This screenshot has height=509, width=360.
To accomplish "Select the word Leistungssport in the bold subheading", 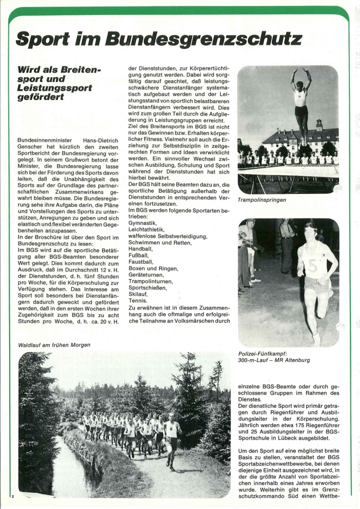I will tap(55, 87).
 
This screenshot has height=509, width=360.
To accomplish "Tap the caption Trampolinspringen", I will tap(262, 200).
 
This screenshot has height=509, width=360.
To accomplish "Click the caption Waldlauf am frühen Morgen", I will tap(54, 345).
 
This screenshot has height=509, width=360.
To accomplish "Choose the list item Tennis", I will tap(137, 300).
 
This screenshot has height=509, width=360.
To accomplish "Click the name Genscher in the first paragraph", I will tap(31, 146).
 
